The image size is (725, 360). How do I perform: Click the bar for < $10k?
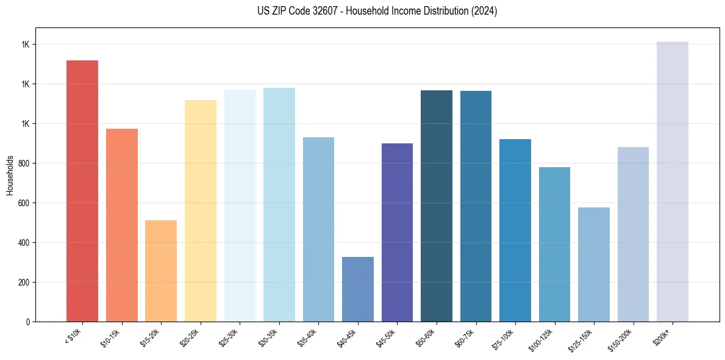82,191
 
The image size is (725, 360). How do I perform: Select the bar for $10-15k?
121,225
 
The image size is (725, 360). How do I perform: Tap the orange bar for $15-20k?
161,271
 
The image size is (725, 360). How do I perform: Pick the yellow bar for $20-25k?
200,211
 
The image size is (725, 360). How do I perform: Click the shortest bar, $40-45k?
357,289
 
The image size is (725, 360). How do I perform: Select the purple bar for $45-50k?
397,232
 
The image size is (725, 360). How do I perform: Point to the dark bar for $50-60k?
437,206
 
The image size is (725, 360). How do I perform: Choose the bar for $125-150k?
594,264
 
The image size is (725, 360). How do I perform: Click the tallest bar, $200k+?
673,181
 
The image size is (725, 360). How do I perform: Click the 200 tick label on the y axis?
24,283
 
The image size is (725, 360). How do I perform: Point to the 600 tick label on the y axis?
24,203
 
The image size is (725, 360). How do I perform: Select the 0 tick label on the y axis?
28,322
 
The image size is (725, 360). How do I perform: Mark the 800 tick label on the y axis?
24,164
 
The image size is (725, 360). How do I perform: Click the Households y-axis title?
10,175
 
